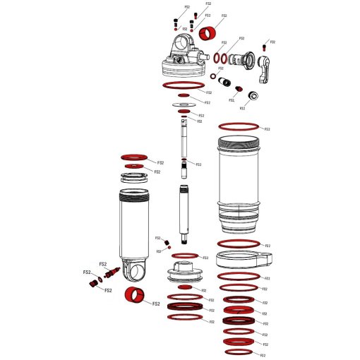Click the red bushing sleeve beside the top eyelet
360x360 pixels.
[207, 34]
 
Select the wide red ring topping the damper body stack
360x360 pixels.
[134, 156]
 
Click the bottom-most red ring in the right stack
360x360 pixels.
[238, 351]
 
